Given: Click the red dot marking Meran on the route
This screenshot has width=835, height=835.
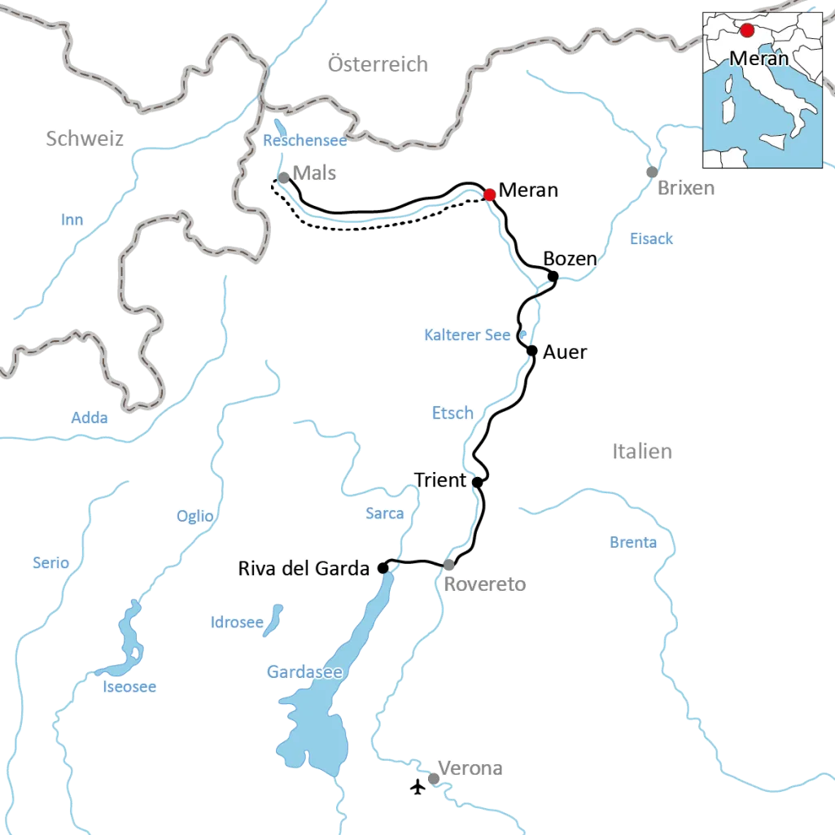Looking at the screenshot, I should [x=489, y=195].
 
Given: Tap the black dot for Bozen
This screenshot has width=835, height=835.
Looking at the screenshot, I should [x=553, y=277].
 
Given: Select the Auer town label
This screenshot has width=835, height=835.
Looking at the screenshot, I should [x=564, y=353].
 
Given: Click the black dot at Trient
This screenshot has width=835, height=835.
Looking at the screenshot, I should [x=478, y=482].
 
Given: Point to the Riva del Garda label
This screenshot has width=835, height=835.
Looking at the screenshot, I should [x=304, y=569].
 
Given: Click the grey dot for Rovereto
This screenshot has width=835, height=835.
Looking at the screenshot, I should [x=448, y=565].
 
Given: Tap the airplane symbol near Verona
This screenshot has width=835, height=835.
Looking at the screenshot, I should [x=418, y=787].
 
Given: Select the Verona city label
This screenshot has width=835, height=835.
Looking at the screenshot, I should [x=470, y=768].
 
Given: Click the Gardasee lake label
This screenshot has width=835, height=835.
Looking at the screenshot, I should [x=304, y=672].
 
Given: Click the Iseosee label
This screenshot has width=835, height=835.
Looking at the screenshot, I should [x=129, y=688].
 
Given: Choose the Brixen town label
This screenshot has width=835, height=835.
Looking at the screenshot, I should [x=686, y=189].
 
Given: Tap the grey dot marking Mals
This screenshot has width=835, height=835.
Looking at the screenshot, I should [x=283, y=177].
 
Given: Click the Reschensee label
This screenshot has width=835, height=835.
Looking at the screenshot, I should [x=304, y=141].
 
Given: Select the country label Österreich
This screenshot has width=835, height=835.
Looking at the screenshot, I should [x=378, y=65].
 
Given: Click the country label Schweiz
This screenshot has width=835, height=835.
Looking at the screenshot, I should [x=85, y=139].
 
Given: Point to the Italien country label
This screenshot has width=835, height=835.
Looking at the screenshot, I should [x=642, y=451].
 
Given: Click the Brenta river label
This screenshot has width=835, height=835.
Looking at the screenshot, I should [x=632, y=543].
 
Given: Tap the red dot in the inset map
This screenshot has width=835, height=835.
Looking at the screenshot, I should [x=747, y=31].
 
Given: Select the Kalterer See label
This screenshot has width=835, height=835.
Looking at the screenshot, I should [x=467, y=335].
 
